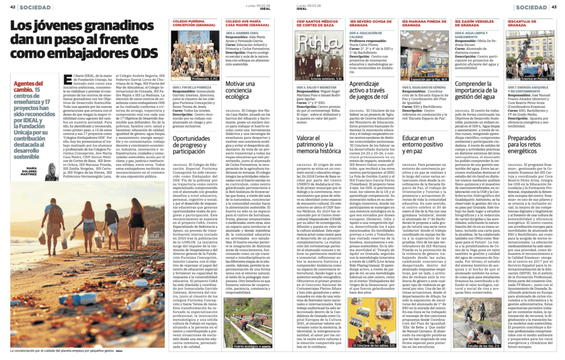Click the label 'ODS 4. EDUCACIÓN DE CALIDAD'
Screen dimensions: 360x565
tap(368, 33)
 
